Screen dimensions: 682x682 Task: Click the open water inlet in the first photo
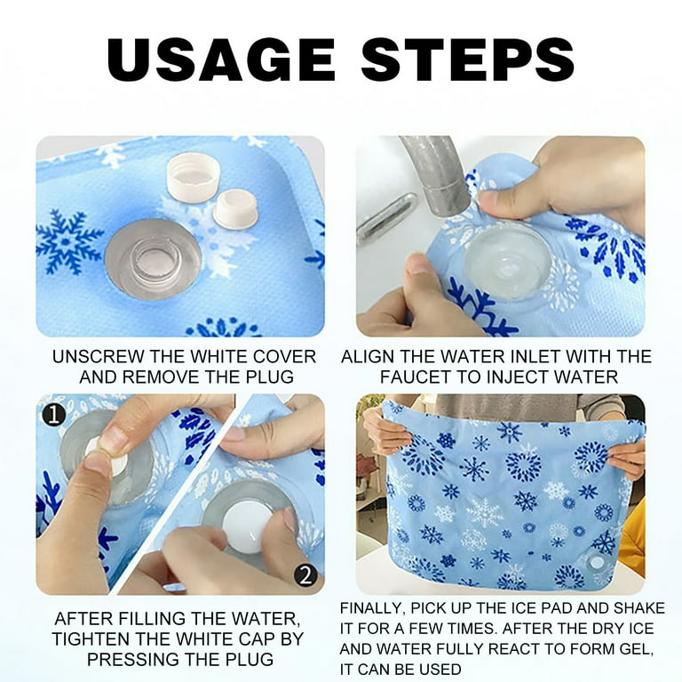coord(152,258)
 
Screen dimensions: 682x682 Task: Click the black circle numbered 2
coord(305,575)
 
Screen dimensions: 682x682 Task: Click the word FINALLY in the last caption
coord(379,608)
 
